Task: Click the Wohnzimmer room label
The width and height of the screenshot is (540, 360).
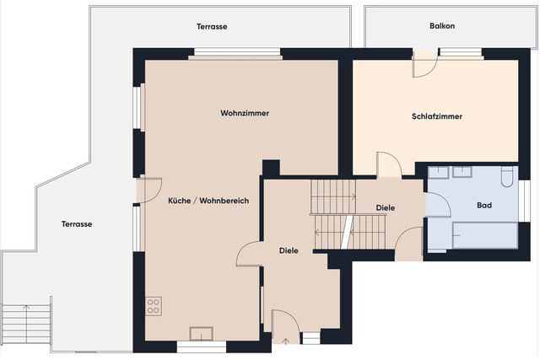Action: (245, 113)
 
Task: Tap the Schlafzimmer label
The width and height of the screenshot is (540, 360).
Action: (436, 116)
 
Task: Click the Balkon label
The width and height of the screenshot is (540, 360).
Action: (442, 26)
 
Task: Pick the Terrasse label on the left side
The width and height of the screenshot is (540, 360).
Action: (76, 224)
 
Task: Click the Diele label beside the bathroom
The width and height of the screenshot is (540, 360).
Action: (386, 207)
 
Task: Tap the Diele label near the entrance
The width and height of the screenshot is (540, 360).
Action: (289, 250)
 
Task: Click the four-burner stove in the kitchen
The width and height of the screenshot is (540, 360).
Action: (154, 305)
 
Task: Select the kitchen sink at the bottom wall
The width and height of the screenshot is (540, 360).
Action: (201, 331)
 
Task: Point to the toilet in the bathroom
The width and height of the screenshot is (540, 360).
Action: (506, 177)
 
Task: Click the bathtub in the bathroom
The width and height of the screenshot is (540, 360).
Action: (484, 235)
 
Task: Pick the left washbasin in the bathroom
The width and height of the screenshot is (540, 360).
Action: (439, 174)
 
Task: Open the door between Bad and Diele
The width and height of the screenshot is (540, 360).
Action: (426, 204)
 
